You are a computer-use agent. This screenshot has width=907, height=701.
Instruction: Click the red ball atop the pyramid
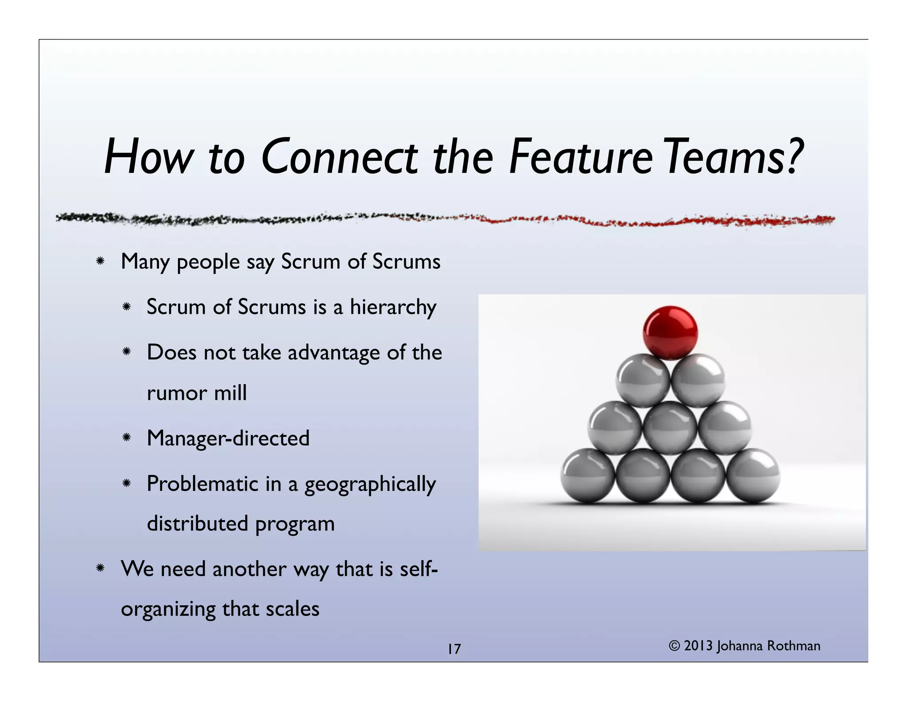[x=670, y=332]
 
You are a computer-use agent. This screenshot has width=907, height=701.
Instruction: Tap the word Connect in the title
[x=339, y=157]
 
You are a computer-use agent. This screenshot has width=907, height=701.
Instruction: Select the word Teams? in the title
[x=733, y=157]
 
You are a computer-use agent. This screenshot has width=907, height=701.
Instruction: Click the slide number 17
[x=454, y=649]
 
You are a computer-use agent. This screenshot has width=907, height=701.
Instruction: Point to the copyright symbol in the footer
[x=674, y=646]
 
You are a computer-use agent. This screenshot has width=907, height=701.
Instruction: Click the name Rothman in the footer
[x=794, y=646]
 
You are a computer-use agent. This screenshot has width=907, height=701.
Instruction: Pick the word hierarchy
[x=393, y=308]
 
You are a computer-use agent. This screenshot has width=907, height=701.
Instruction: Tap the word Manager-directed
[x=228, y=438]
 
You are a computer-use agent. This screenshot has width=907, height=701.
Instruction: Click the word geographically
[x=370, y=484]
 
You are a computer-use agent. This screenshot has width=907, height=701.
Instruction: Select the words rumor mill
[x=197, y=393]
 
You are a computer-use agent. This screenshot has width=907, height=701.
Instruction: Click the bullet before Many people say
[x=100, y=261]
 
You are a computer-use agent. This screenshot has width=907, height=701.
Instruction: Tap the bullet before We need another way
[x=100, y=568]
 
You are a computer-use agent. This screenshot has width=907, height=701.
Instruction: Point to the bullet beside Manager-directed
[x=126, y=438]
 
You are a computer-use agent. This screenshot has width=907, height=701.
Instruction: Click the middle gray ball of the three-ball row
[x=670, y=428]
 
